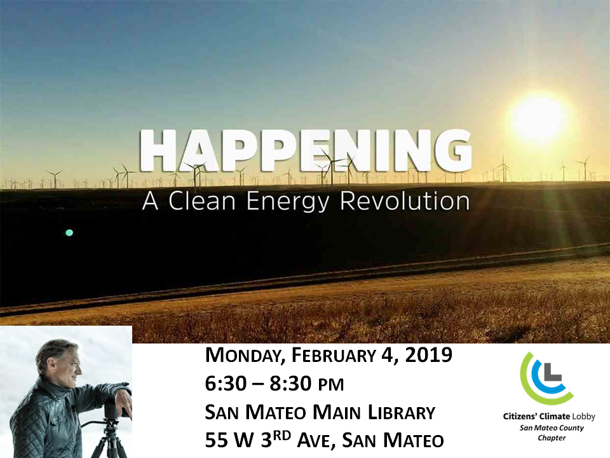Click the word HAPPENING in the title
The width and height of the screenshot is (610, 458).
pos(306,150)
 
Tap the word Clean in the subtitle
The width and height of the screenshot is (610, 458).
pos(202,201)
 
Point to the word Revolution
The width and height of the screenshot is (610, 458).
pos(405,201)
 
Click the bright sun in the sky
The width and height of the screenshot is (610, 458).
pos(539,116)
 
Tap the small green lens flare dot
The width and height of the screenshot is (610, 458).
pos(69,233)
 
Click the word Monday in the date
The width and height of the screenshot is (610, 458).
pos(245,356)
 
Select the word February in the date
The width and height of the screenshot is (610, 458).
pos(334,355)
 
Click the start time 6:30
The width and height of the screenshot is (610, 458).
pos(226,384)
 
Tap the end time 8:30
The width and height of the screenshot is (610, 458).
pos(290,384)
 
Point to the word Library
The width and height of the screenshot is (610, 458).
pos(401,413)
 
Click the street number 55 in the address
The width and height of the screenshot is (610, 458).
pos(216,440)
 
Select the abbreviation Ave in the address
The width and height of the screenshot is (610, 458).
pos(315,440)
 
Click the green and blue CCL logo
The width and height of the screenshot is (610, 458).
pos(547,378)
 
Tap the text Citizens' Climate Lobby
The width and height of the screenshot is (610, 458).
pos(549,416)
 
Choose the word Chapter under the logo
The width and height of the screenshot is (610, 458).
pos(552,438)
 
